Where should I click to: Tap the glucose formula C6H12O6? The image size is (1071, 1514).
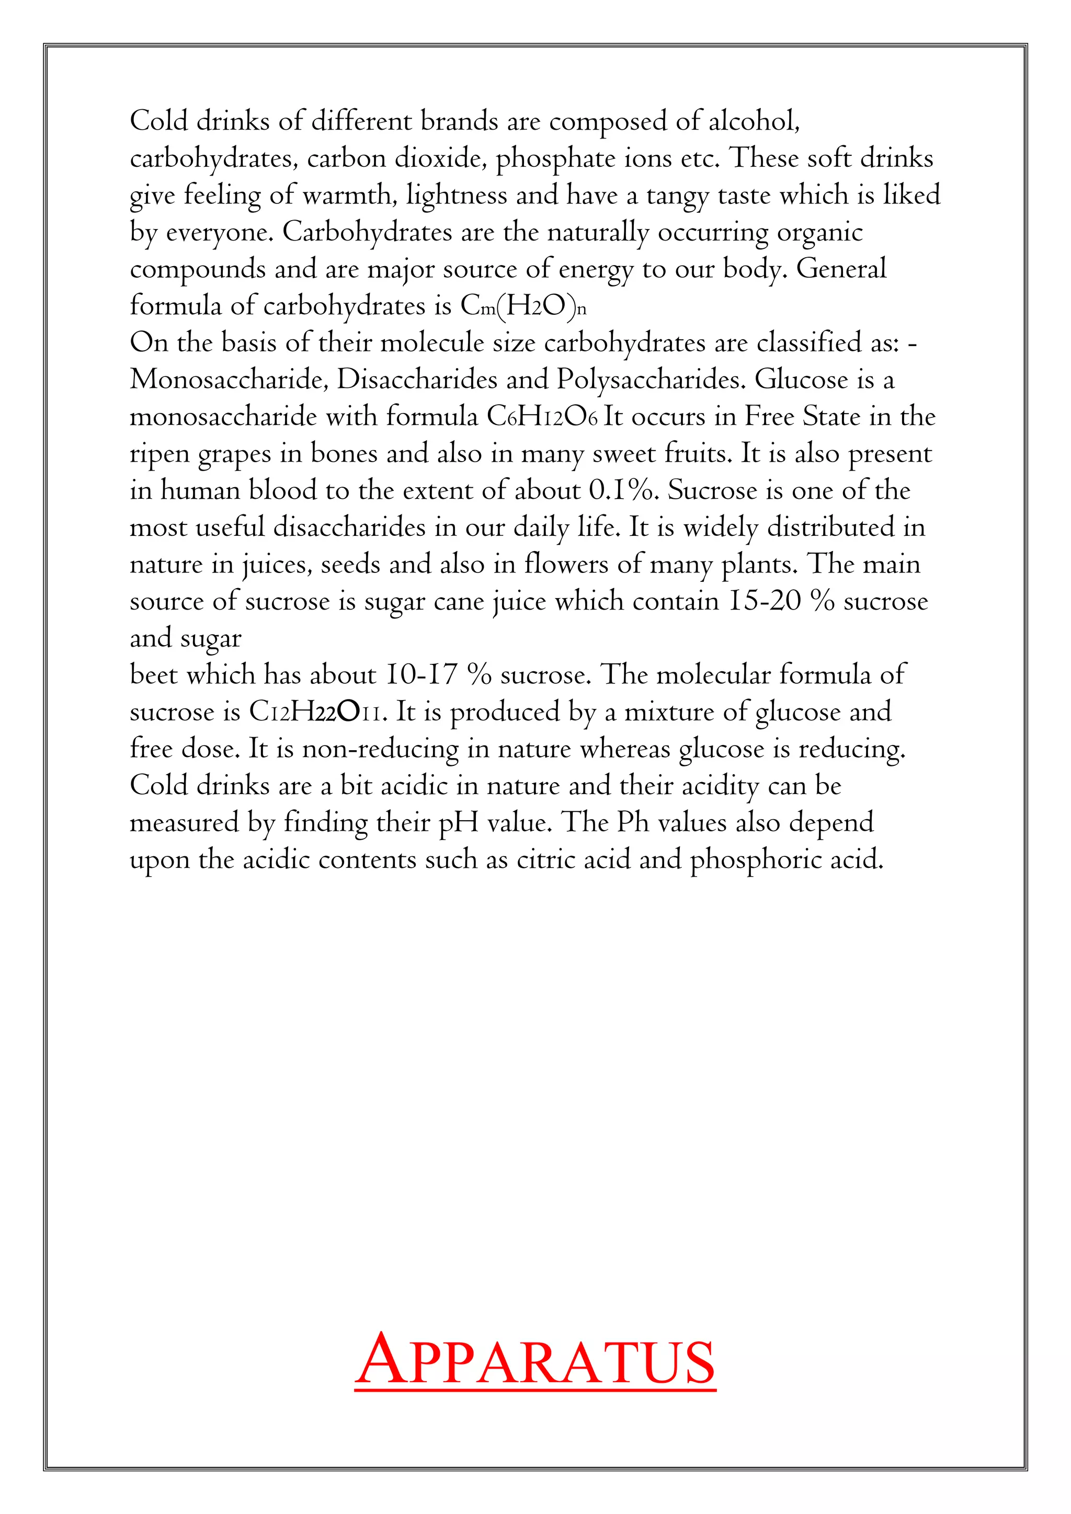[x=542, y=417]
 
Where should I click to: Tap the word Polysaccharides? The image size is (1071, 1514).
[x=652, y=381]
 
